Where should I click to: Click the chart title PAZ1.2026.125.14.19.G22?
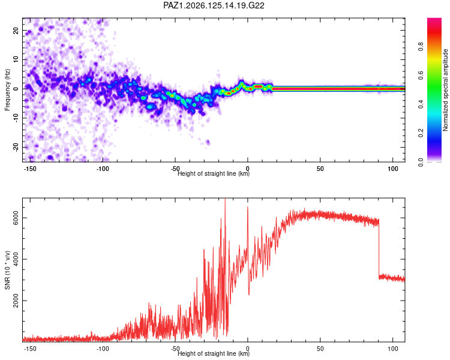214,5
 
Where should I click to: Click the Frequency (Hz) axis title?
7,90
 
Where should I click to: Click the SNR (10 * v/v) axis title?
7,270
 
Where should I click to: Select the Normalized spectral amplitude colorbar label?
445,90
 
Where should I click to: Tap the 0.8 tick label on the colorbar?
421,46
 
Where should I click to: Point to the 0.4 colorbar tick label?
421,104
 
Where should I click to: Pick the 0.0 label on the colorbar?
421,162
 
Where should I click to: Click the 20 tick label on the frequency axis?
16,31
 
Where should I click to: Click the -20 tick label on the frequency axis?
16,147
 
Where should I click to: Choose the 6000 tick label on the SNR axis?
16,218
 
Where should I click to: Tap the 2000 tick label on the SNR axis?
16,301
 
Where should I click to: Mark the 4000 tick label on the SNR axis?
16,259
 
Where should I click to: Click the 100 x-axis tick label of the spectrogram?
393,169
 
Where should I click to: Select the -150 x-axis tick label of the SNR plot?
29,349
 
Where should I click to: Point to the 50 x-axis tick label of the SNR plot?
320,349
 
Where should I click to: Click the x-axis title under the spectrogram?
214,173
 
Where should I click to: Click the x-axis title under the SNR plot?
214,353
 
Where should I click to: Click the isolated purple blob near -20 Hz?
208,142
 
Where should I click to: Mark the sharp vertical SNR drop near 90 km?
379,248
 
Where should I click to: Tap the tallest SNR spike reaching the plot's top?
225,201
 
